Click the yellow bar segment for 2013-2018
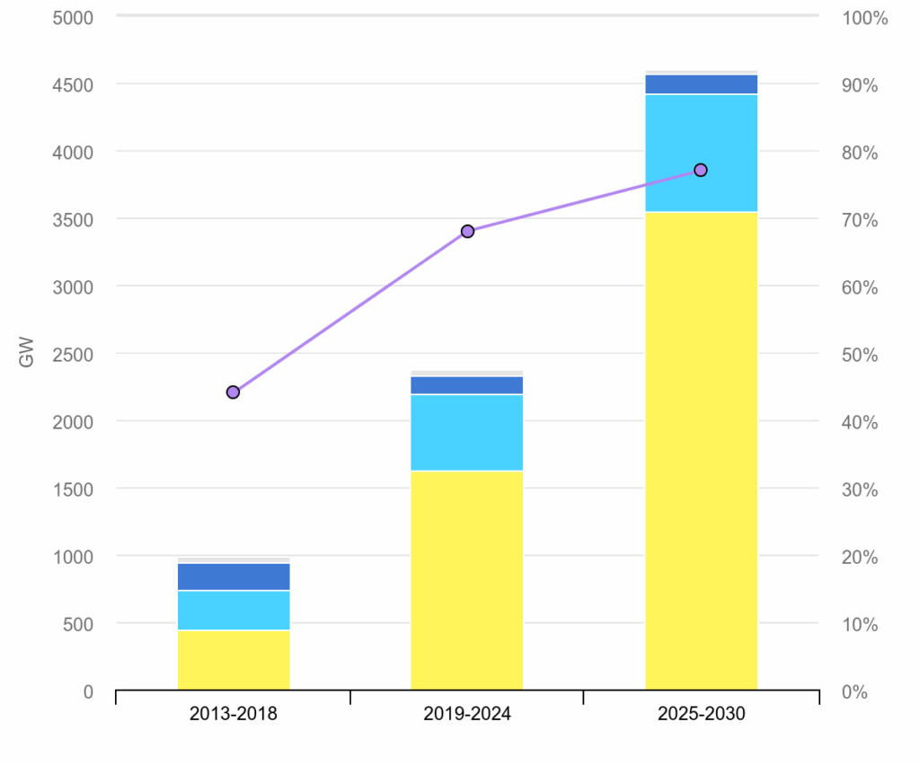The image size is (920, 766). point(234,660)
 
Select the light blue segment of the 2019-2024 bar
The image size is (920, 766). point(467,432)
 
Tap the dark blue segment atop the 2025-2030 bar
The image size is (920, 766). point(701,84)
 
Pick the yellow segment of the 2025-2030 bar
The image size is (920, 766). point(701,449)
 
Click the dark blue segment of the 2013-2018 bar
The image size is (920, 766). point(234,577)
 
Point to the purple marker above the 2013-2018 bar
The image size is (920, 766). point(234,392)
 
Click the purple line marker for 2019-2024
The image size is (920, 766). point(467,232)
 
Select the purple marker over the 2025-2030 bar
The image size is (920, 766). point(701,171)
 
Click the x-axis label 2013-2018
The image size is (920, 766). point(234,715)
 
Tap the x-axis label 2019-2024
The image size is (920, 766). point(467,715)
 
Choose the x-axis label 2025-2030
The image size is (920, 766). point(701,715)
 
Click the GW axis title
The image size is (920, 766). point(26,353)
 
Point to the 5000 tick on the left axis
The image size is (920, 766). point(75,18)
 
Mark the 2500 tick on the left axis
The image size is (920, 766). point(75,355)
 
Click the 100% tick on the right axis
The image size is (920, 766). point(864,18)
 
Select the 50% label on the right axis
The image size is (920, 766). point(860,355)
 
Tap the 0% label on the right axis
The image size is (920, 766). point(856,691)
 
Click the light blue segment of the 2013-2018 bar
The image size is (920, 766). point(234,611)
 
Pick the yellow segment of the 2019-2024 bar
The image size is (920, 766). point(467,579)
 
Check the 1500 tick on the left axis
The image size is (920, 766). point(75,489)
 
